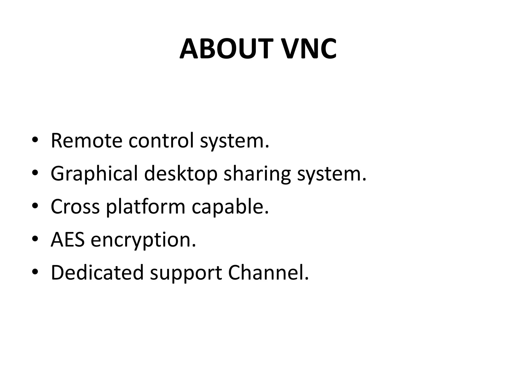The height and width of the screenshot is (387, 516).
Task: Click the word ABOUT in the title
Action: click(x=226, y=49)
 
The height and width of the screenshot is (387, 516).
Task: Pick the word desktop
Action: click(x=181, y=174)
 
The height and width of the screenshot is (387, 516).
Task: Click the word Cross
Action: click(x=75, y=207)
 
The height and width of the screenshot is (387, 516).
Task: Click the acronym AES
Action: click(x=68, y=240)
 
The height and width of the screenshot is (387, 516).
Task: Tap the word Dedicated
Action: click(x=97, y=273)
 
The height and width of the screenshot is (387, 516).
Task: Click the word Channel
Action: click(x=268, y=273)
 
